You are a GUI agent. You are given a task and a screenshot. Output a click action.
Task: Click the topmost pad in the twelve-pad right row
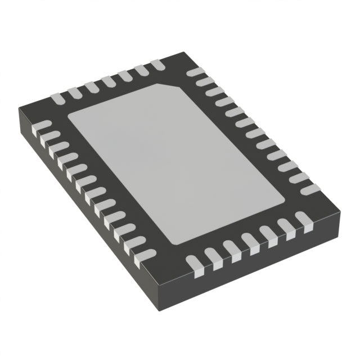pos(194,73)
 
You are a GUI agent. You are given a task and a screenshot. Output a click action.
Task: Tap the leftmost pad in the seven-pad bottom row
pos(194,260)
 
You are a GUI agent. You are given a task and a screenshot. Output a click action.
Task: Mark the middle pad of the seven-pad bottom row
pos(248,244)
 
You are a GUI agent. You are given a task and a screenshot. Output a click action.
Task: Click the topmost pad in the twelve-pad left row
pos(42,125)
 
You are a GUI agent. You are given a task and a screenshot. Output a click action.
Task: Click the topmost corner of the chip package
pos(183,53)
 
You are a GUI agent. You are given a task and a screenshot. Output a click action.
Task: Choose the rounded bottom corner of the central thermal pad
pos(174,244)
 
